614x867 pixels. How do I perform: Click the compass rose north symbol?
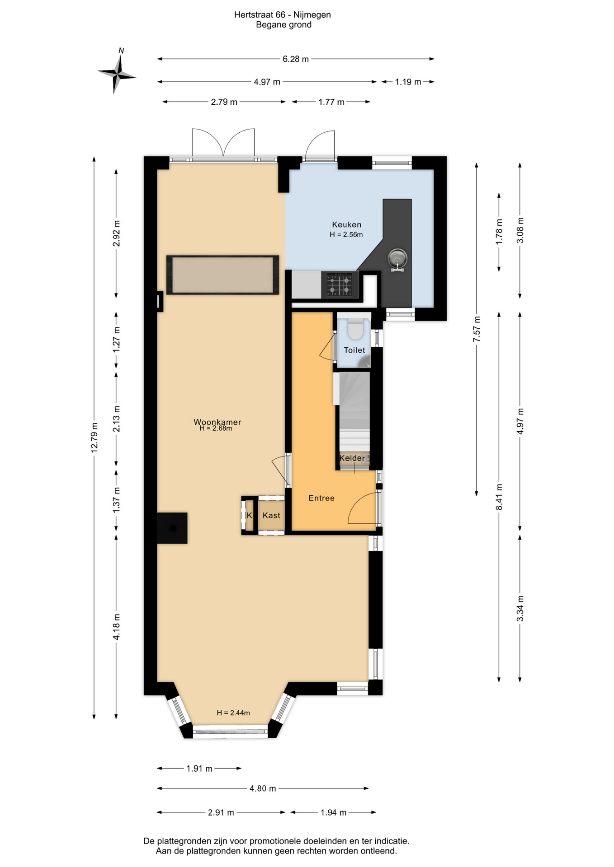[117, 72]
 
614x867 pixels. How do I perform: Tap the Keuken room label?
[347, 224]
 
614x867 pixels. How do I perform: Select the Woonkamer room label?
[217, 422]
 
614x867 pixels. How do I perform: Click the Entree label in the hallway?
[321, 498]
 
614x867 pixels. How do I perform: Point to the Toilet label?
[354, 350]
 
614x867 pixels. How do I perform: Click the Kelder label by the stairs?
[352, 458]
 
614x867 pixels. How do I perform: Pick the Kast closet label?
[271, 515]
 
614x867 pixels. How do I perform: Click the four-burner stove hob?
[340, 284]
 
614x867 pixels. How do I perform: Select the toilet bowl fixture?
[356, 329]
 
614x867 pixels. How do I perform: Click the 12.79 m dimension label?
[94, 438]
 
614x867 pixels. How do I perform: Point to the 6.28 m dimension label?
[296, 59]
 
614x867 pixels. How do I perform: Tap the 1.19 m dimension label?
[408, 82]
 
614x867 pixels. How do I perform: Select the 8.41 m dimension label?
[499, 497]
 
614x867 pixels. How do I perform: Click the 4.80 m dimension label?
[263, 788]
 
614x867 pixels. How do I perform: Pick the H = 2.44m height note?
[233, 713]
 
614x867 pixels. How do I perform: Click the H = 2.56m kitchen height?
[346, 234]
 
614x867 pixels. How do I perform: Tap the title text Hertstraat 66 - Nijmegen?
[283, 15]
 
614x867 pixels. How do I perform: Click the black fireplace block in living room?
[172, 528]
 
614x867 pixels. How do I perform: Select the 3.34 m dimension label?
[520, 608]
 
